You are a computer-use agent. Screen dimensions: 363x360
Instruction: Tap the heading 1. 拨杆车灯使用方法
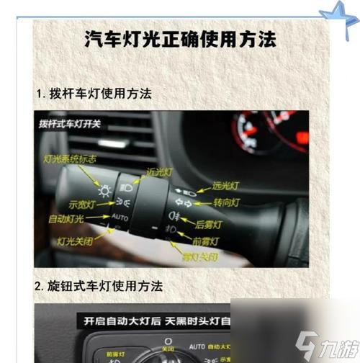pos(94,94)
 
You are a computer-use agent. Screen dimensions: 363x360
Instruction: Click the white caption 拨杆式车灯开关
pos(70,123)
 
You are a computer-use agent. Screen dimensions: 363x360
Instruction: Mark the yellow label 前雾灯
pos(204,241)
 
